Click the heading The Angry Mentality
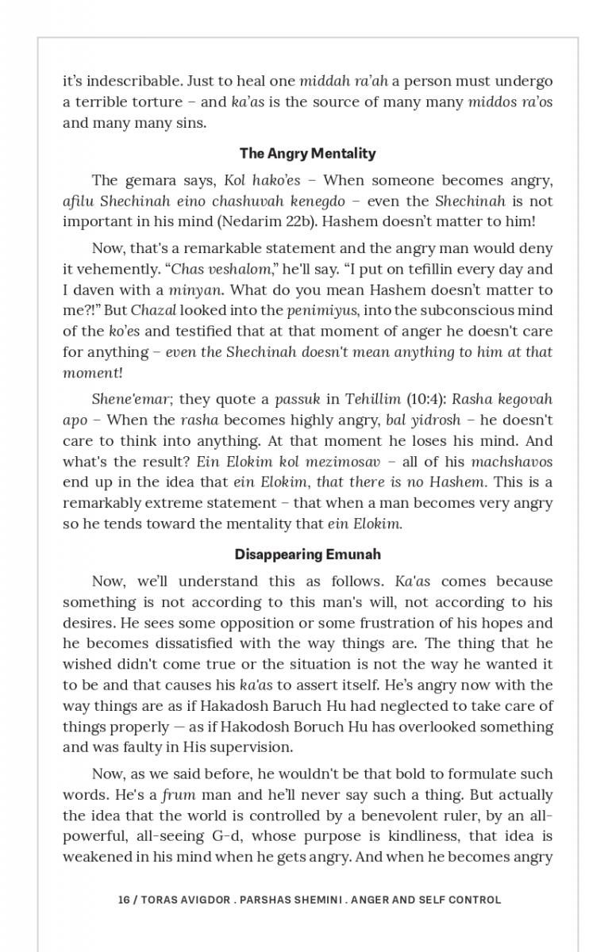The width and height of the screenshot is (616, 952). click(x=308, y=153)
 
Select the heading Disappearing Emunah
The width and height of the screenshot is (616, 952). click(x=308, y=554)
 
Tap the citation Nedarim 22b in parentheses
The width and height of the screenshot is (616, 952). click(x=315, y=221)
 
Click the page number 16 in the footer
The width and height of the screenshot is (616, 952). click(x=124, y=900)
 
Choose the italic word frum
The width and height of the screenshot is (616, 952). click(x=179, y=795)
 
